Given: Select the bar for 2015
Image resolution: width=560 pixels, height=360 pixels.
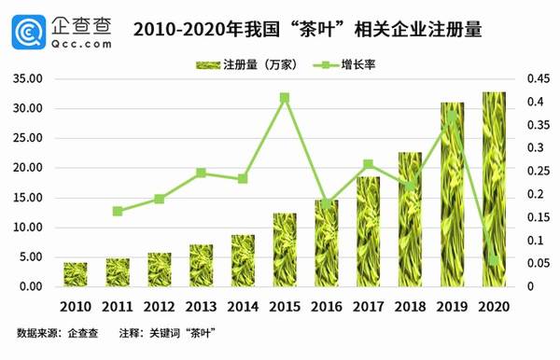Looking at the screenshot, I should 285,249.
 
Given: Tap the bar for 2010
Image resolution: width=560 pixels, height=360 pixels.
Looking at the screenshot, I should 76,274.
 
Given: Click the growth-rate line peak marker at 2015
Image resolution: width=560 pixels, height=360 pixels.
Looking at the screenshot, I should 285,97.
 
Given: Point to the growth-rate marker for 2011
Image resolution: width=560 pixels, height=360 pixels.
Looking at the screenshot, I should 118,212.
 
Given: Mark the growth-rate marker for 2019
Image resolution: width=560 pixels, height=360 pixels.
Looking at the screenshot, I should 452,118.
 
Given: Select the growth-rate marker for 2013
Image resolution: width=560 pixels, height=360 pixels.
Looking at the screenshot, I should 201,173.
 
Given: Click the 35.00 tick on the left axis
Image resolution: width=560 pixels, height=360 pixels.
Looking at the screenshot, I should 30,79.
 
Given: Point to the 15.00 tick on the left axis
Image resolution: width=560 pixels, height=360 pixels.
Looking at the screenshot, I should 30,198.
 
